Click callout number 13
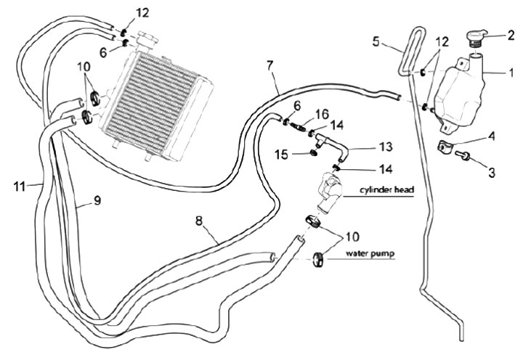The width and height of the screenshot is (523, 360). (386, 147)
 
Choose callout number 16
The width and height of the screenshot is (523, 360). (322, 114)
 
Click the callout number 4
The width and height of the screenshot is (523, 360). (491, 135)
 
